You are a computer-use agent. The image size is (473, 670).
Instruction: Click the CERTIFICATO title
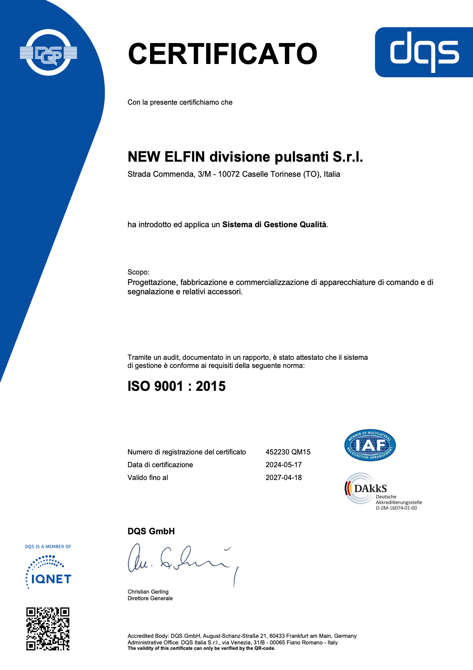pos(223,54)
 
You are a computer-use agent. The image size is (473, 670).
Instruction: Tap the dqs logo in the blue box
pos(424,52)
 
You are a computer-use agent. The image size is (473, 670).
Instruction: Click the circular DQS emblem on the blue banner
pos(48,53)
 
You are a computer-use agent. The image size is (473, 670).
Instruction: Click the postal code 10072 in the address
pos(229,174)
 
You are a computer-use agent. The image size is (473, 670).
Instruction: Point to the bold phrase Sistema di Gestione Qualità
pos(274,225)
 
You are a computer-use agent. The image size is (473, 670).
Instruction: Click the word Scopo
pos(138,272)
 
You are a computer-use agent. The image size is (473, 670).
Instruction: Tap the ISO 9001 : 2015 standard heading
pos(176,386)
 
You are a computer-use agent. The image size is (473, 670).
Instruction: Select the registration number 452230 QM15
pos(288,452)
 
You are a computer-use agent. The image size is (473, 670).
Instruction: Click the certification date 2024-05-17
pos(283,465)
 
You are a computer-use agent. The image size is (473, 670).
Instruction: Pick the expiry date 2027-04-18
pos(283,478)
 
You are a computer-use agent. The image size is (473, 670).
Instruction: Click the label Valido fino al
pos(148,478)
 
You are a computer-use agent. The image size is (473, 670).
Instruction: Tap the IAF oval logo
pos(370,446)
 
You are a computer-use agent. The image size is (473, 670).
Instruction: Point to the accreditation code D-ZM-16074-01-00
pos(396,508)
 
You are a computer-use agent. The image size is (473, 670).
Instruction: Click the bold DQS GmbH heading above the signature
pos(151,532)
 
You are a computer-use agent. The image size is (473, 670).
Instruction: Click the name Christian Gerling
pos(148,592)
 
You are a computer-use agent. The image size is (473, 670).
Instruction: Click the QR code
pos(48,629)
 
